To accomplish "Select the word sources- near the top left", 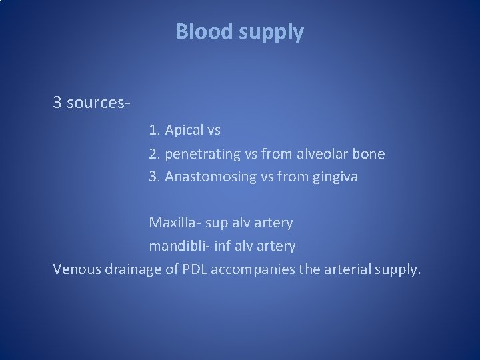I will tap(98, 103).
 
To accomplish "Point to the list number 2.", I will tap(153, 154).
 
